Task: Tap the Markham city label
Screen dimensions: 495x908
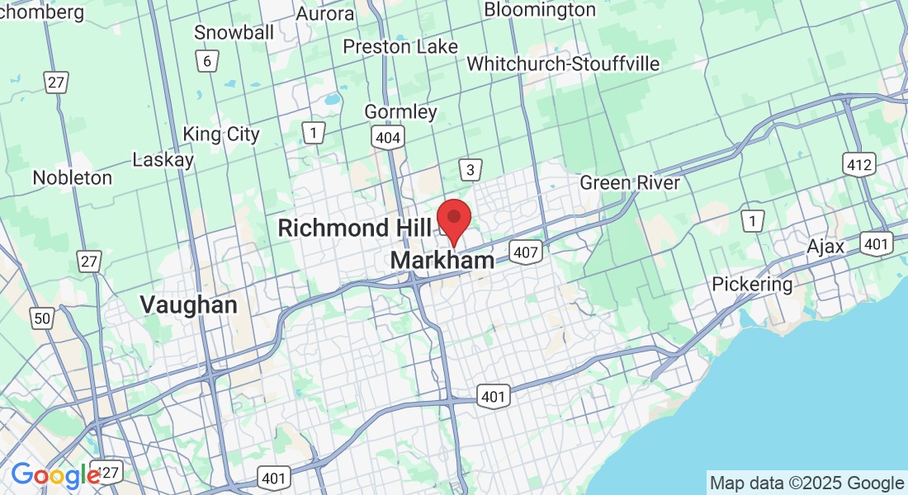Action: tap(442, 261)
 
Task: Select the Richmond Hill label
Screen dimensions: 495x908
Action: tap(345, 228)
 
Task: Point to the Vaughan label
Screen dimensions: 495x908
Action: tap(188, 304)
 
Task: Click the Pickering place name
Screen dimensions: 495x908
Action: tap(752, 285)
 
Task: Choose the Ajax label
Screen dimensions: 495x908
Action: tap(825, 247)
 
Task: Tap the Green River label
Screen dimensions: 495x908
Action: tap(630, 182)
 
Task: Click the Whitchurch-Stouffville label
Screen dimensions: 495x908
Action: tap(563, 64)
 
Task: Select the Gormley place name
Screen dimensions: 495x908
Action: tap(401, 111)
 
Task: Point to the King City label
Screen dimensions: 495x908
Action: tap(220, 134)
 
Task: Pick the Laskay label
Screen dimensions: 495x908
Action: tap(163, 159)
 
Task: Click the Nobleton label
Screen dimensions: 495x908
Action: tap(72, 177)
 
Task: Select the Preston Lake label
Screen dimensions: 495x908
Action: tap(400, 46)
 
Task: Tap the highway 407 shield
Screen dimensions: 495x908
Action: tap(525, 252)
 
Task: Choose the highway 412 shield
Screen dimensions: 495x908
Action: tap(858, 164)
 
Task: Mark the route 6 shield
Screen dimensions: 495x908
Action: tap(207, 60)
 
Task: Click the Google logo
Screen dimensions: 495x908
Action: tap(55, 475)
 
